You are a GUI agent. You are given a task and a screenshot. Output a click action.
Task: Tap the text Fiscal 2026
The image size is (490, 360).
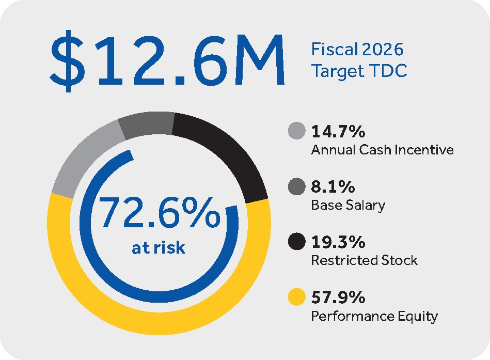(x=357, y=50)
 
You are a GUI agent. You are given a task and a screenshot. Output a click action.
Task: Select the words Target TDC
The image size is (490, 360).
(x=359, y=71)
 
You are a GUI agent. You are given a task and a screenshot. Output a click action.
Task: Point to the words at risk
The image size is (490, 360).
(x=159, y=247)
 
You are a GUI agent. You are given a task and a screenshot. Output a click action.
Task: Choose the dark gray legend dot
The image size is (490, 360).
(x=296, y=186)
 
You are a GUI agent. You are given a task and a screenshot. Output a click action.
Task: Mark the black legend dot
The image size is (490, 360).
(x=296, y=242)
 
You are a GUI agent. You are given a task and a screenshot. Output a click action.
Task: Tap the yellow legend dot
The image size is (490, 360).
(x=296, y=298)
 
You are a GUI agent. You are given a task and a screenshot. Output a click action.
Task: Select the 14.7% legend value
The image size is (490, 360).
(x=338, y=132)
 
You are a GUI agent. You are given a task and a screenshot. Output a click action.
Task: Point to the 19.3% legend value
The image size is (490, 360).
(x=338, y=242)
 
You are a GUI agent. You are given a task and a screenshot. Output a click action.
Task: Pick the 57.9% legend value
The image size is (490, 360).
(x=339, y=298)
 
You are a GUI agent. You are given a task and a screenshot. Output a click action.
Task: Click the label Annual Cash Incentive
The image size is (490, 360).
(x=382, y=150)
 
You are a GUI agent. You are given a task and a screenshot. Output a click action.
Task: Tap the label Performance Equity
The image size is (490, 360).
(x=374, y=316)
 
